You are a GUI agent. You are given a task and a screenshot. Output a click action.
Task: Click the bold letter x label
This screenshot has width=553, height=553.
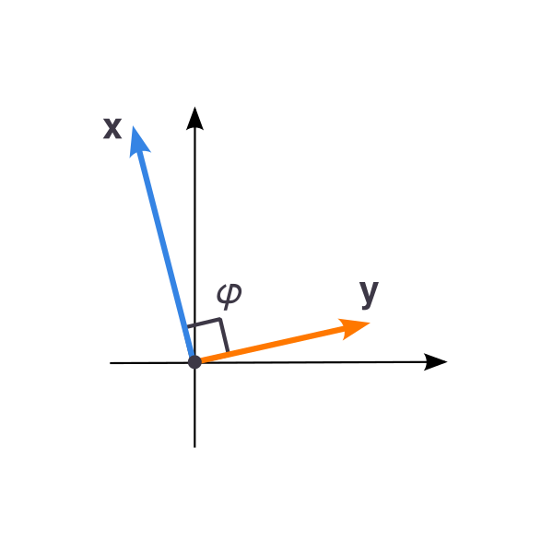pos(112,129)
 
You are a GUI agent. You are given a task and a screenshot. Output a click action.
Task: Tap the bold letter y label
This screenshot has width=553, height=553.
pos(369,295)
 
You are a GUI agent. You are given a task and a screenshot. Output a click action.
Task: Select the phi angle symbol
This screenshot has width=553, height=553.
pos(229,296)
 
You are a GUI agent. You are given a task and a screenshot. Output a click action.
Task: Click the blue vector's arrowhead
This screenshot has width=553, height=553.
pos(139,141)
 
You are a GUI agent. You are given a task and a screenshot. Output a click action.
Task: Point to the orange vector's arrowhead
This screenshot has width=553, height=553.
pos(353,328)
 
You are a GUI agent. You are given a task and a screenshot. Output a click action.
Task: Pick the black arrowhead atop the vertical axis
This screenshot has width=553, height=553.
pos(194,118)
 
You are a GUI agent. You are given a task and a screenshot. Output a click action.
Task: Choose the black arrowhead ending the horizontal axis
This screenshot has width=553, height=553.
pos(435,362)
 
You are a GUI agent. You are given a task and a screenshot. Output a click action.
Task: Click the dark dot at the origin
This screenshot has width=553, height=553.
pos(194,362)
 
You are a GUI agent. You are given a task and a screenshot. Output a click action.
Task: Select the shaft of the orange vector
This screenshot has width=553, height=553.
pos(272,344)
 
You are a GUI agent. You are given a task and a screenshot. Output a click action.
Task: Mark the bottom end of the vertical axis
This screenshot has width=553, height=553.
pos(194,447)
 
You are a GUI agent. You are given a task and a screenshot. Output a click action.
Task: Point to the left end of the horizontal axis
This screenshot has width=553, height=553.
pos(111,363)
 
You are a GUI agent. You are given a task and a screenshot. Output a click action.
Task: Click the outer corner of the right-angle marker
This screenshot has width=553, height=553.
pos(220,319)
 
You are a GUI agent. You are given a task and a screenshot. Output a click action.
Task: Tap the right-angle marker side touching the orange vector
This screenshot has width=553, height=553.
pos(225,335)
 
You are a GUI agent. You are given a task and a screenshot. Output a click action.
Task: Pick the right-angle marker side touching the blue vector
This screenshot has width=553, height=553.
pos(204,324)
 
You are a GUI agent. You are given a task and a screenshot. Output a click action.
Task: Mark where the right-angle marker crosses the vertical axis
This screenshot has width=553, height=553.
pos(194,325)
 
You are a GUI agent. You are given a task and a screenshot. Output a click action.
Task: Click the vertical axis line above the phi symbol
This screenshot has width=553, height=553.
pos(194,212)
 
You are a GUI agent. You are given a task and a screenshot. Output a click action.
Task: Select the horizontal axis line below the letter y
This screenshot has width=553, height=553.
pos(369,362)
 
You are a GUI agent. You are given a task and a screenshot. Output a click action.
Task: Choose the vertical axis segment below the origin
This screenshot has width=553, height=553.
pos(194,408)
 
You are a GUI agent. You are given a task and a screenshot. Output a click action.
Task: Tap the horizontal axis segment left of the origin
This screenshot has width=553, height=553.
pos(149,363)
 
